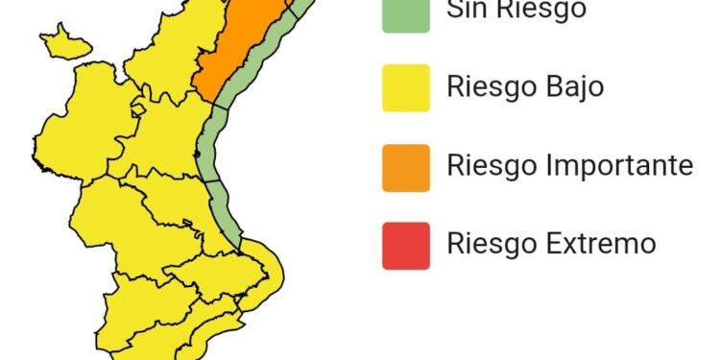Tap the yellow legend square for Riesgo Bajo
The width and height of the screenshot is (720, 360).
tap(405, 87)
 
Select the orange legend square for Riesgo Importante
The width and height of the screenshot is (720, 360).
tap(405, 165)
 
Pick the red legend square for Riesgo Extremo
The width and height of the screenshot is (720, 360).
tap(405, 243)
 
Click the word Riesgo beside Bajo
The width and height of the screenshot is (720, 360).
tap(491, 87)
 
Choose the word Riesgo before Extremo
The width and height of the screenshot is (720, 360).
tap(491, 243)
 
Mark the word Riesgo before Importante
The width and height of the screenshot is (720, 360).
tap(491, 165)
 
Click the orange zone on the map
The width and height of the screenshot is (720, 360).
tap(240, 48)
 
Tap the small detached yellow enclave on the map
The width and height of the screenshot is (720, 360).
tap(65, 41)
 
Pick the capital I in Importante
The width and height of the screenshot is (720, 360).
tap(546, 165)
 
